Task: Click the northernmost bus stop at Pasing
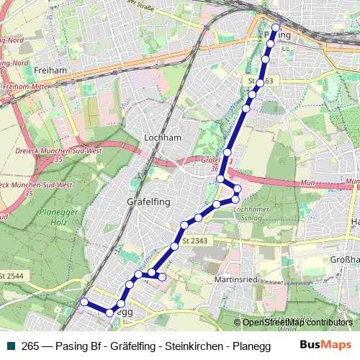pyautogui.click(x=275, y=27)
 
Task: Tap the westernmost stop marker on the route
pyautogui.click(x=84, y=302)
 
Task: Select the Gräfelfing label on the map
pyautogui.click(x=148, y=202)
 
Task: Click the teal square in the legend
pyautogui.click(x=11, y=345)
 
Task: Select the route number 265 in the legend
pyautogui.click(x=30, y=345)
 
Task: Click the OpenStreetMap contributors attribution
pyautogui.click(x=297, y=323)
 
